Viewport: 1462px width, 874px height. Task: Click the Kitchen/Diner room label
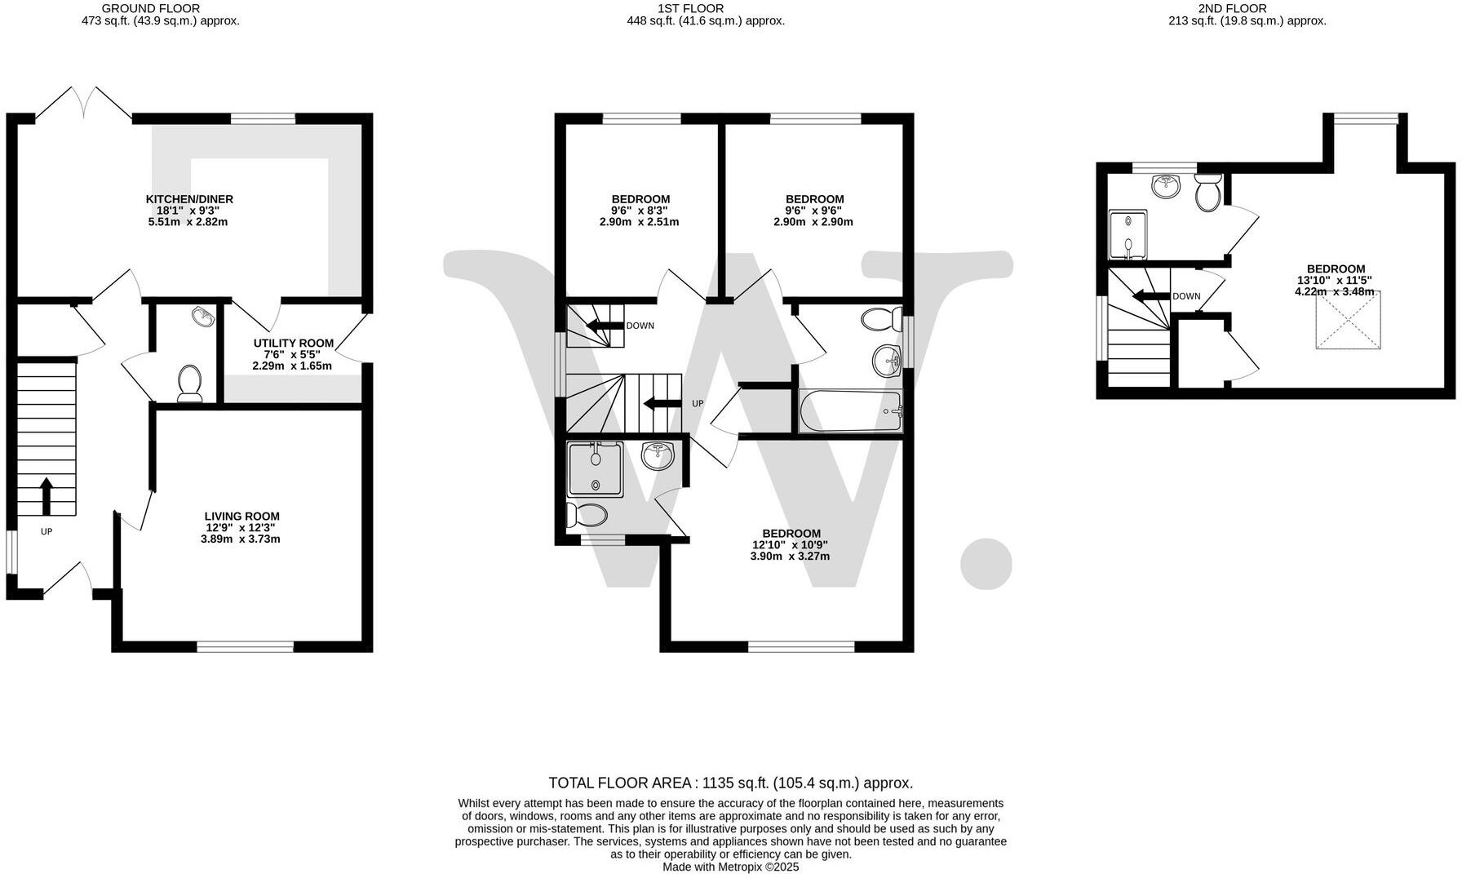coord(189,210)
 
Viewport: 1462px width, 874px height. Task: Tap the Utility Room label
coord(292,354)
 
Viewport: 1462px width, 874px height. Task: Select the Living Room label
coord(241,527)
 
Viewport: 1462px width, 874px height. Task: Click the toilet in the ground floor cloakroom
coord(190,383)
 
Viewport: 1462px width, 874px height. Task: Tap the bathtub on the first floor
coord(850,411)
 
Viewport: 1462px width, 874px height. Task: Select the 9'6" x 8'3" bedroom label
coord(640,210)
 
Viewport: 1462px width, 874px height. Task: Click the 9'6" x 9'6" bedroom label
coord(814,210)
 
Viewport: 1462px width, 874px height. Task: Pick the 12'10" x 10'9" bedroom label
coord(791,544)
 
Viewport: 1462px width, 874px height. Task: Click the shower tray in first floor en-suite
coord(596,469)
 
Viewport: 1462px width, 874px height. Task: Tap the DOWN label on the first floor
coord(640,326)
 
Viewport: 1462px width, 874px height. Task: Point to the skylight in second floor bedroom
coord(1348,321)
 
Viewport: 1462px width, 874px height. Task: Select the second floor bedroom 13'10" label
coord(1336,280)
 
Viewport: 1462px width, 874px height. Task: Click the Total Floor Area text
coord(730,783)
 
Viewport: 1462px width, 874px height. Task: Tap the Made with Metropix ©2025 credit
coord(730,867)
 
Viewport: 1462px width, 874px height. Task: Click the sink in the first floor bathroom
coord(886,360)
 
